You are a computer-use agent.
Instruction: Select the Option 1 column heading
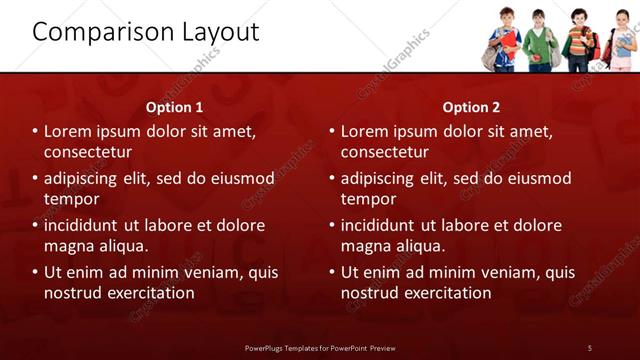point(174,107)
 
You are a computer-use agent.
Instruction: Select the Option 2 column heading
point(471,107)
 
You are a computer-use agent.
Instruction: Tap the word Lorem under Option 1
point(69,131)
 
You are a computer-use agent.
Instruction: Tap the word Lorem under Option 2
point(366,131)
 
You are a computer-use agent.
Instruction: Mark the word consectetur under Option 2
point(385,152)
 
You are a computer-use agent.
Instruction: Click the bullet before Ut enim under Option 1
point(35,272)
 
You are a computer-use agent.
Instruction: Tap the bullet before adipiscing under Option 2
point(331,179)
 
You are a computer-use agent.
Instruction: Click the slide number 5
point(589,347)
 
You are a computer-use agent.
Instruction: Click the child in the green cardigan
point(540,42)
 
